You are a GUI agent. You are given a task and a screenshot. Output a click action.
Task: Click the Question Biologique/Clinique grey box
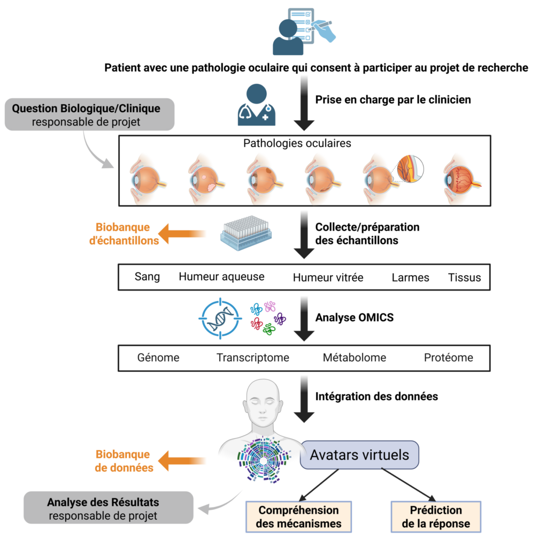pyautogui.click(x=89, y=114)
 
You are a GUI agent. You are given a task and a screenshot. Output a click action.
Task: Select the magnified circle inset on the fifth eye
pyautogui.click(x=409, y=168)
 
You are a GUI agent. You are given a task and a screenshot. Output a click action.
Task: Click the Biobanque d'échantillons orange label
pyautogui.click(x=124, y=234)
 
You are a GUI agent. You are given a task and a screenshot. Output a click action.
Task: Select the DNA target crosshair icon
pyautogui.click(x=220, y=319)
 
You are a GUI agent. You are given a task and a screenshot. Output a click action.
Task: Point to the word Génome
pyautogui.click(x=158, y=357)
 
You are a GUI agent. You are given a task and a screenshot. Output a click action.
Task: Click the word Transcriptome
pyautogui.click(x=252, y=357)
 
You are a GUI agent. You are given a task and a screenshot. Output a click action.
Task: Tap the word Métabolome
pyautogui.click(x=354, y=357)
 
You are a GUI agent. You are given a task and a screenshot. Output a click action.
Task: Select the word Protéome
pyautogui.click(x=448, y=357)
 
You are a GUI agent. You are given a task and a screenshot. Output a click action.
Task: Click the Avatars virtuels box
pyautogui.click(x=359, y=455)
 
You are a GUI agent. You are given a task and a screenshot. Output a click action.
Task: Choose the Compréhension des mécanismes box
pyautogui.click(x=298, y=517)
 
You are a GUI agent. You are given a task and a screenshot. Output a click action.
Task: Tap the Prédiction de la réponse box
pyautogui.click(x=436, y=517)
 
